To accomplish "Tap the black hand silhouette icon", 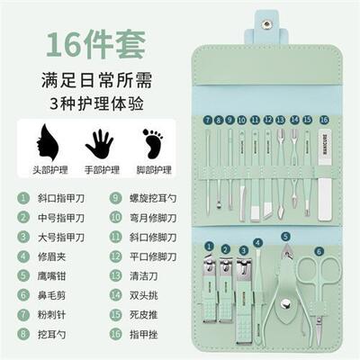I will point(98,141).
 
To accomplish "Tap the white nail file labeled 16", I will point(323,162).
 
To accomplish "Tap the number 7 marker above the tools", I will point(207,119).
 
